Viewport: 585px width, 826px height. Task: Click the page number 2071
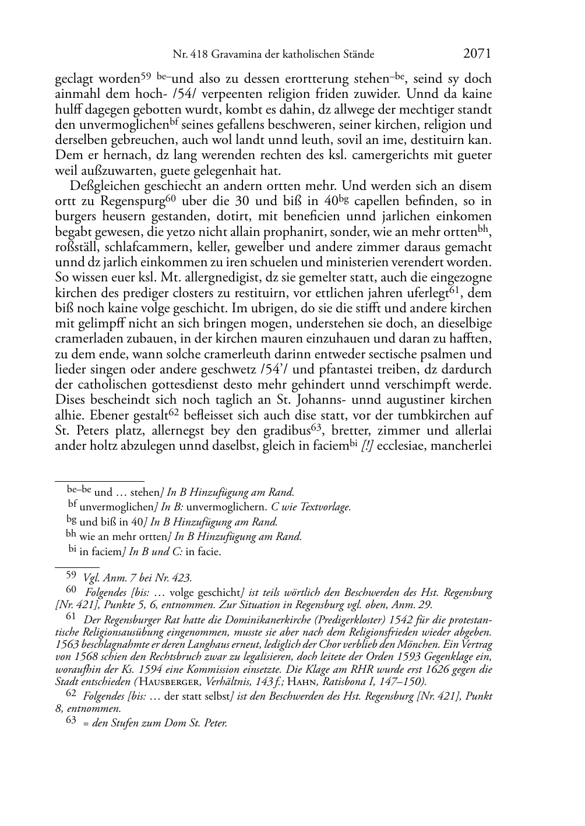477,54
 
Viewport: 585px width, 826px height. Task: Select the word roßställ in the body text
77,247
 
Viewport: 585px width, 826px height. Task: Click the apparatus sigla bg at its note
72,521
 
